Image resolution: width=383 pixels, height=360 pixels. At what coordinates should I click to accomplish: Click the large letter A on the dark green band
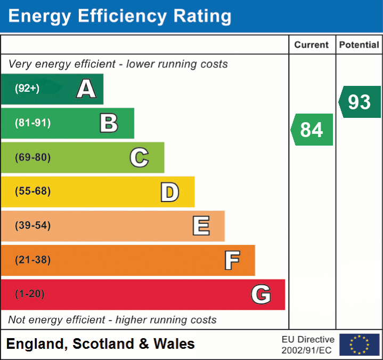pyautogui.click(x=86, y=89)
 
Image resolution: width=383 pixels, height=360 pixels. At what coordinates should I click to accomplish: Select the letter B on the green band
pyautogui.click(x=109, y=123)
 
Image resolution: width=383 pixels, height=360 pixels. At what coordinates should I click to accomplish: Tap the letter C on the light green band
pyautogui.click(x=139, y=157)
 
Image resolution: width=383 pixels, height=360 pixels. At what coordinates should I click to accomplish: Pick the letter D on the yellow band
pyautogui.click(x=169, y=192)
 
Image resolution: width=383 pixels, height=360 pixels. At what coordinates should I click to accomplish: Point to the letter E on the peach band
pyautogui.click(x=200, y=226)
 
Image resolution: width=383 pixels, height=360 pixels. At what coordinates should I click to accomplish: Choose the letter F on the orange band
pyautogui.click(x=231, y=260)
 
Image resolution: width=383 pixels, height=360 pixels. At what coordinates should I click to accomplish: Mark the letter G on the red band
pyautogui.click(x=261, y=294)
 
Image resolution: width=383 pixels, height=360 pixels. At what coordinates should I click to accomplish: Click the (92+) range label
pyautogui.click(x=27, y=89)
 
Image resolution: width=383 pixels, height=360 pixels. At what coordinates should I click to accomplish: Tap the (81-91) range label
pyautogui.click(x=33, y=123)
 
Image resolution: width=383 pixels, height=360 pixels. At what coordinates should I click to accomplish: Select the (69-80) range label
pyautogui.click(x=33, y=157)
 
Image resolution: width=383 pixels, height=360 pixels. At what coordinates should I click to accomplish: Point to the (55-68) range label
pyautogui.click(x=33, y=191)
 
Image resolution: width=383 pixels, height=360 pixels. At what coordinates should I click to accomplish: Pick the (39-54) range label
pyautogui.click(x=33, y=226)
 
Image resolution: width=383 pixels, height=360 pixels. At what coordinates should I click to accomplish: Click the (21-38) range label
pyautogui.click(x=33, y=260)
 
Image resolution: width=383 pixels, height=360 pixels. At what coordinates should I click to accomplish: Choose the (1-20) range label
pyautogui.click(x=30, y=294)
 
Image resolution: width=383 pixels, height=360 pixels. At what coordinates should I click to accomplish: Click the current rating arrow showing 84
pyautogui.click(x=312, y=130)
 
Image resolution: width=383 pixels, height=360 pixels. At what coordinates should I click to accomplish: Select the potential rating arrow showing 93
pyautogui.click(x=360, y=102)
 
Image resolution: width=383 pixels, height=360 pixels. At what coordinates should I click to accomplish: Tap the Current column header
pyautogui.click(x=312, y=45)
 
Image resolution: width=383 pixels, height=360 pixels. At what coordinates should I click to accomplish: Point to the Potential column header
pyautogui.click(x=359, y=45)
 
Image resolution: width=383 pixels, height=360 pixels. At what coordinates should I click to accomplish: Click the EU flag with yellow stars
pyautogui.click(x=359, y=345)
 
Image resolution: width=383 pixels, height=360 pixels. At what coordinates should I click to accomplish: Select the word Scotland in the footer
pyautogui.click(x=104, y=344)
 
